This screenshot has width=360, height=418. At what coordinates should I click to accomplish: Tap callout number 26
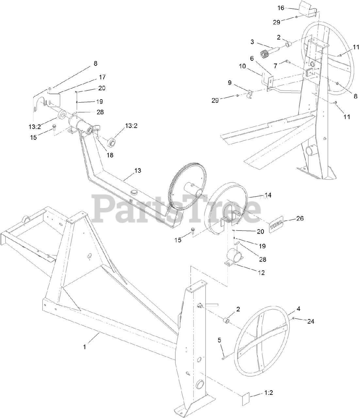coord(300,218)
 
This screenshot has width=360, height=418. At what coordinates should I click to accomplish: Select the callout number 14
coord(268,195)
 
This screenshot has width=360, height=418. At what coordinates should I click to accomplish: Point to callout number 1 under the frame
coord(85,347)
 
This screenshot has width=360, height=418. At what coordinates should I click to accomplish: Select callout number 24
coord(311,321)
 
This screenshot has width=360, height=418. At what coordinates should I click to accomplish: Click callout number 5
coord(220,340)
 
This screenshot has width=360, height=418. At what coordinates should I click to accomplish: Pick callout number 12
coord(261,272)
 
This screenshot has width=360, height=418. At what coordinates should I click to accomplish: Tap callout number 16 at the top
coord(281,8)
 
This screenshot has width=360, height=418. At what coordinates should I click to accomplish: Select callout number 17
coord(102,77)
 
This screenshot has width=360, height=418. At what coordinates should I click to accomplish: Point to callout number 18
coord(109,155)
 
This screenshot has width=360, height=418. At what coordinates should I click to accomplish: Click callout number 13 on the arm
coord(138,170)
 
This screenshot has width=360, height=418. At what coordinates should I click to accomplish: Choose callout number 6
coord(252,58)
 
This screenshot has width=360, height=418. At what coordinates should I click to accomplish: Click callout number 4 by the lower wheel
coord(298,308)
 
